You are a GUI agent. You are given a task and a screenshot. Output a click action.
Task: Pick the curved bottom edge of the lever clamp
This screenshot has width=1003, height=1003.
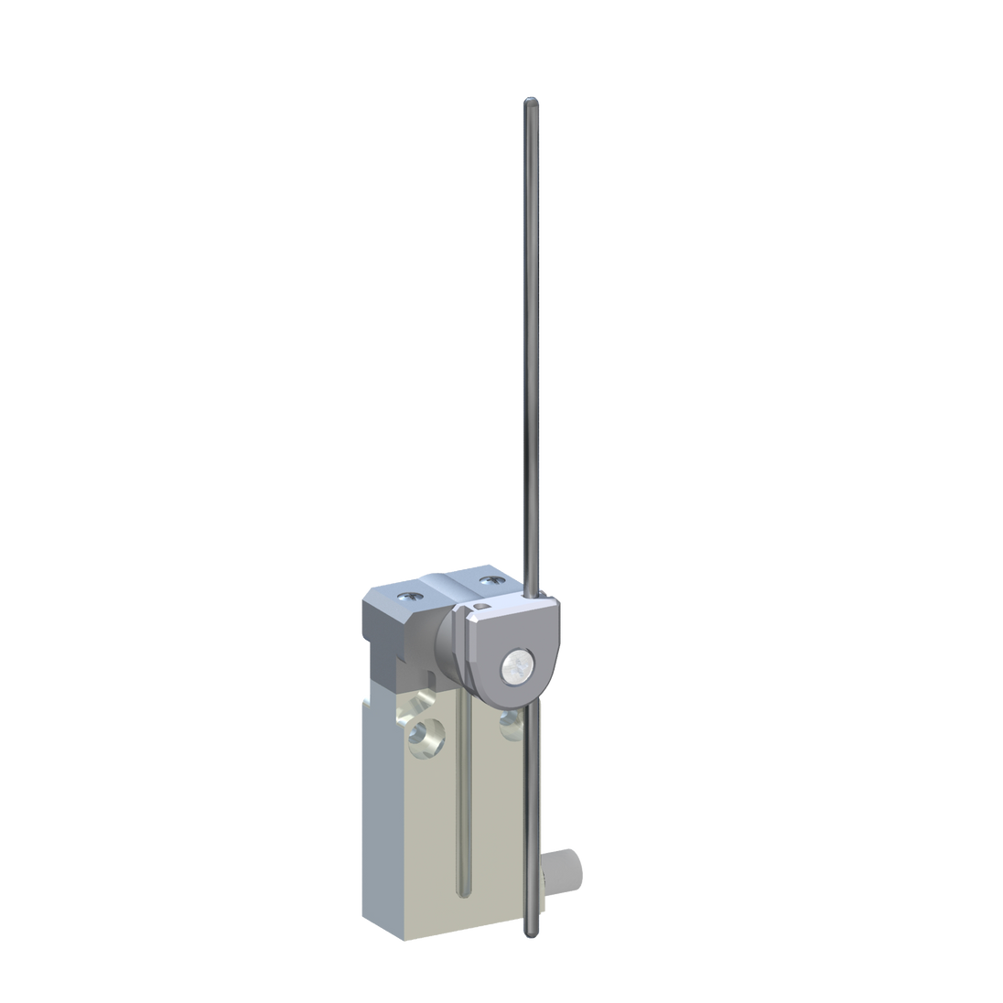pyautogui.click(x=512, y=712)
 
